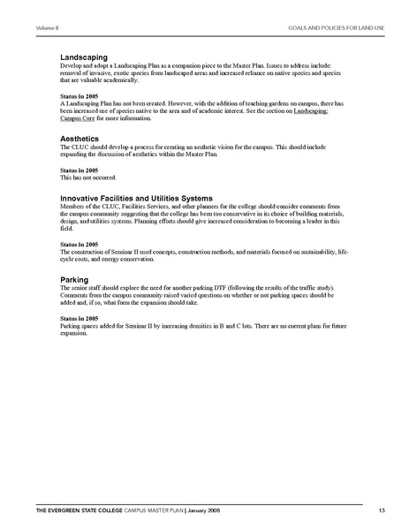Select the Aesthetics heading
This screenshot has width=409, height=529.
click(81, 139)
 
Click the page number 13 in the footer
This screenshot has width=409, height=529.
click(381, 510)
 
